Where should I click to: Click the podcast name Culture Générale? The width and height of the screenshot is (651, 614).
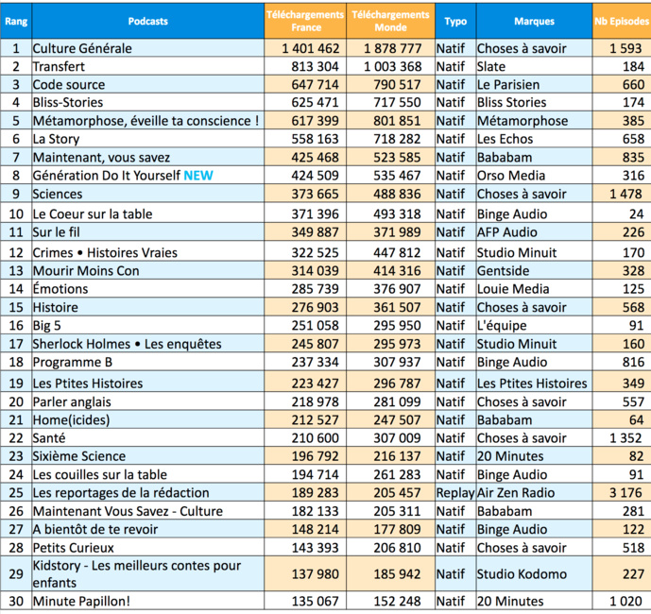pos(83,48)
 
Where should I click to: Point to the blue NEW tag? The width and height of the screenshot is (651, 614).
pos(199,176)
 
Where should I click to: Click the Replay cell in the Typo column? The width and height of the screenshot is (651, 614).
pos(454,493)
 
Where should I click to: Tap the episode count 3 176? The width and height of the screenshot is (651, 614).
pos(623,493)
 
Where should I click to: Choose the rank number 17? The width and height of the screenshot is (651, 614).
pos(15,344)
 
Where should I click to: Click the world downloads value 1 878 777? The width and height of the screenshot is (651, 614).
pos(392,48)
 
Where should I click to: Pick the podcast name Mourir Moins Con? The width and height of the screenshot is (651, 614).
pos(86,270)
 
